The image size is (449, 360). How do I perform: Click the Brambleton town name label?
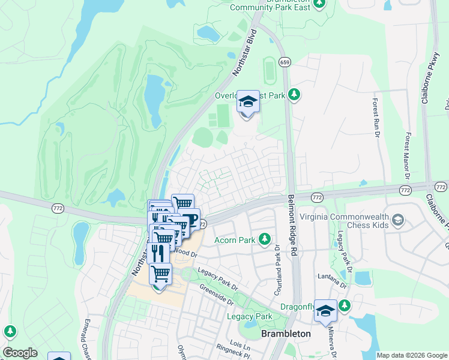(x=286, y=334)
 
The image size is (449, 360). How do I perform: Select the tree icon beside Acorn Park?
(x=265, y=240)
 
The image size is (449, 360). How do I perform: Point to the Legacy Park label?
(x=249, y=316)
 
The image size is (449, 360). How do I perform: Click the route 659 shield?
(x=285, y=62)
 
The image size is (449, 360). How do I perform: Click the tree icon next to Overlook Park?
(x=294, y=94)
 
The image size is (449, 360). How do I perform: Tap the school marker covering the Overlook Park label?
(x=248, y=102)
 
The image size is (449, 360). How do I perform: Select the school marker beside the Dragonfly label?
(x=325, y=311)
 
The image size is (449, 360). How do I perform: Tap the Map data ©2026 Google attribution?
(x=411, y=355)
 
